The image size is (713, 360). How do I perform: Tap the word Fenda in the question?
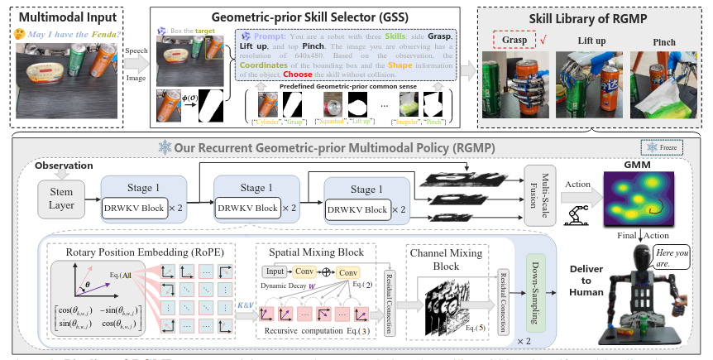click(x=107, y=36)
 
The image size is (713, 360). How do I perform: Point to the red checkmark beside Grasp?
click(x=543, y=39)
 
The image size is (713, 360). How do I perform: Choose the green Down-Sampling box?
click(x=538, y=290)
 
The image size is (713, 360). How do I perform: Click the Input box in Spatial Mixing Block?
click(x=275, y=272)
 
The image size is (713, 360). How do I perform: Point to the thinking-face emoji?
click(x=18, y=36)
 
